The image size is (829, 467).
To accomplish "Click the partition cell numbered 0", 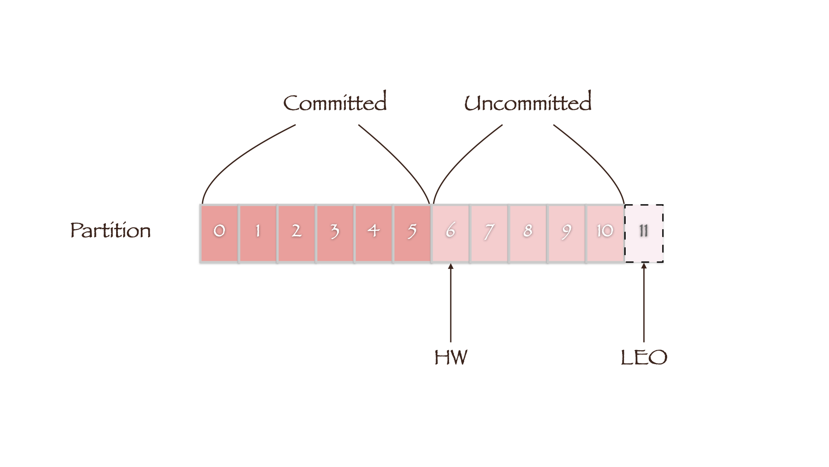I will [219, 233].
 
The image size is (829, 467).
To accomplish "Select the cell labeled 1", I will [258, 233].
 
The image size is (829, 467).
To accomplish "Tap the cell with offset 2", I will [296, 233].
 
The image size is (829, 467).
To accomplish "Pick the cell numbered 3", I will [335, 233].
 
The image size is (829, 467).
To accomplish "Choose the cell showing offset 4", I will [373, 233].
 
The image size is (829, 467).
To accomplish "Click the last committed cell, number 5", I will [412, 233].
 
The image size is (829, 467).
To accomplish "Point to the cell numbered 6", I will [450, 233].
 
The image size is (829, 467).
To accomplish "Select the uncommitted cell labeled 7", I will [489, 233].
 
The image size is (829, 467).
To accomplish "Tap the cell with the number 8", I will [528, 233].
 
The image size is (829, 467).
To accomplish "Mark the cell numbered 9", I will [566, 233].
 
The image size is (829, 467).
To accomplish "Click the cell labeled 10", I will [604, 233].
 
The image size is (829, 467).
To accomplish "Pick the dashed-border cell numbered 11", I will [644, 233].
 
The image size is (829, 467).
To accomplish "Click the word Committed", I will [335, 102].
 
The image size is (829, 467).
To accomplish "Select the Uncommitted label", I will [528, 102].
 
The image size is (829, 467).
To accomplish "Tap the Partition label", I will [111, 230].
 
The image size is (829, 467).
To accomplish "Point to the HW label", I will [451, 358].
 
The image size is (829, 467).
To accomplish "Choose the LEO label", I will [644, 358].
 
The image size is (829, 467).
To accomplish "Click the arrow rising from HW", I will [451, 303].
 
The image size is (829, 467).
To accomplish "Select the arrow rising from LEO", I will [644, 303].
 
